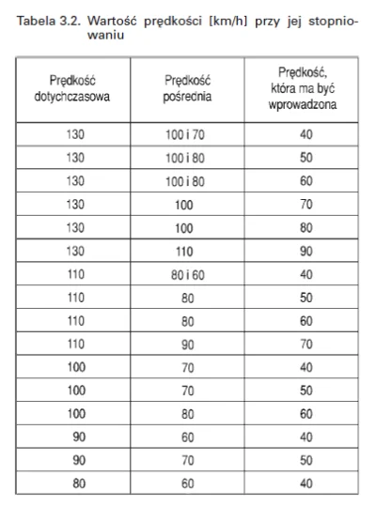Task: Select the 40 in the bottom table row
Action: pyautogui.click(x=305, y=484)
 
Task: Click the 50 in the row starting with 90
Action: pyautogui.click(x=305, y=461)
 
